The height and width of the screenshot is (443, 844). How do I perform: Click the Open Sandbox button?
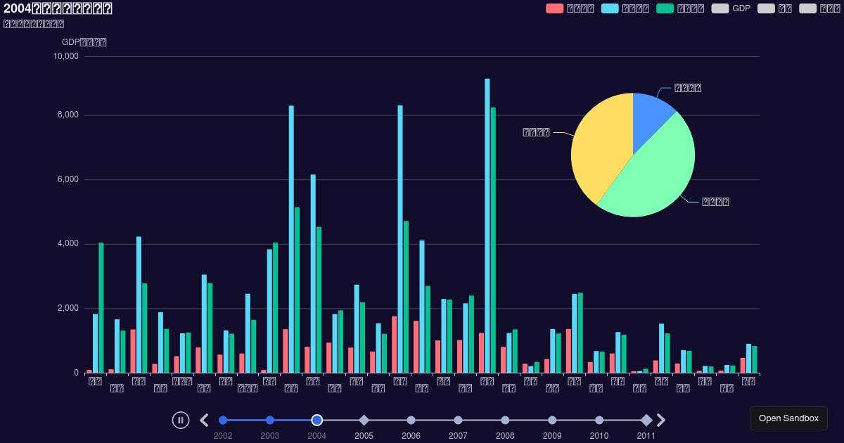point(788,418)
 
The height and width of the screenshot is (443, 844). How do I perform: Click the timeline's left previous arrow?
point(204,420)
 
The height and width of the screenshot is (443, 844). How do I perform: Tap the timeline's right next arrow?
point(661,420)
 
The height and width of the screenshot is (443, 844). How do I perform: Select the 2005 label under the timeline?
point(364,436)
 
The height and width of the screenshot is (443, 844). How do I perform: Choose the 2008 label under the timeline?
point(505,436)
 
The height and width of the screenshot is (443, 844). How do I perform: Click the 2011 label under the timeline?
point(646,436)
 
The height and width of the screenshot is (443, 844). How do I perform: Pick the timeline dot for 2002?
point(223,420)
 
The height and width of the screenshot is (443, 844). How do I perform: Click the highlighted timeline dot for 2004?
point(317,420)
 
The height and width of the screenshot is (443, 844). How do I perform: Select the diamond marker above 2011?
point(646,420)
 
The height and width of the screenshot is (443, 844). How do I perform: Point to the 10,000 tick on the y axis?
point(65,56)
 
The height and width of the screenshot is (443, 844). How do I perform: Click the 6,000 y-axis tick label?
point(68,180)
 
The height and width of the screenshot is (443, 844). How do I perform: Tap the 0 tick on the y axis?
point(76,373)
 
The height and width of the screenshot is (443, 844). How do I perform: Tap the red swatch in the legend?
point(554,8)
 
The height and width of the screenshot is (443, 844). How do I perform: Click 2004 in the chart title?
point(18,8)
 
